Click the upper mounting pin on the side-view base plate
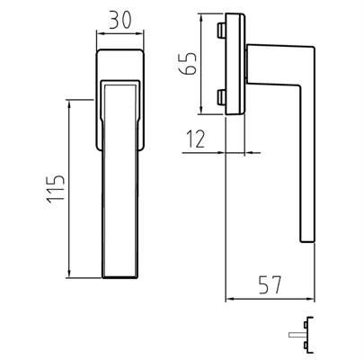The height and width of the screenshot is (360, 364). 221,32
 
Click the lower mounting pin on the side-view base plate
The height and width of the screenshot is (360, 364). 221,96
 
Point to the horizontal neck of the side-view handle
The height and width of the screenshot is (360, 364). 274,56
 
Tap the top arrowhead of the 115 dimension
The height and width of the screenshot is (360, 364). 69,104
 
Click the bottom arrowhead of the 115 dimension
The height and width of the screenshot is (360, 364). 69,278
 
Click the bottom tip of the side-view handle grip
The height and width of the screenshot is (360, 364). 305,239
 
